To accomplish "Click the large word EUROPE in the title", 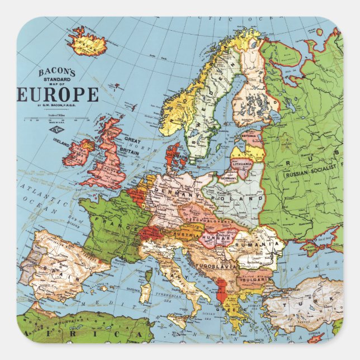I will click(58, 94).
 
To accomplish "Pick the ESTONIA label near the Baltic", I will click(250, 135).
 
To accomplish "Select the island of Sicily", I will click(178, 320).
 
